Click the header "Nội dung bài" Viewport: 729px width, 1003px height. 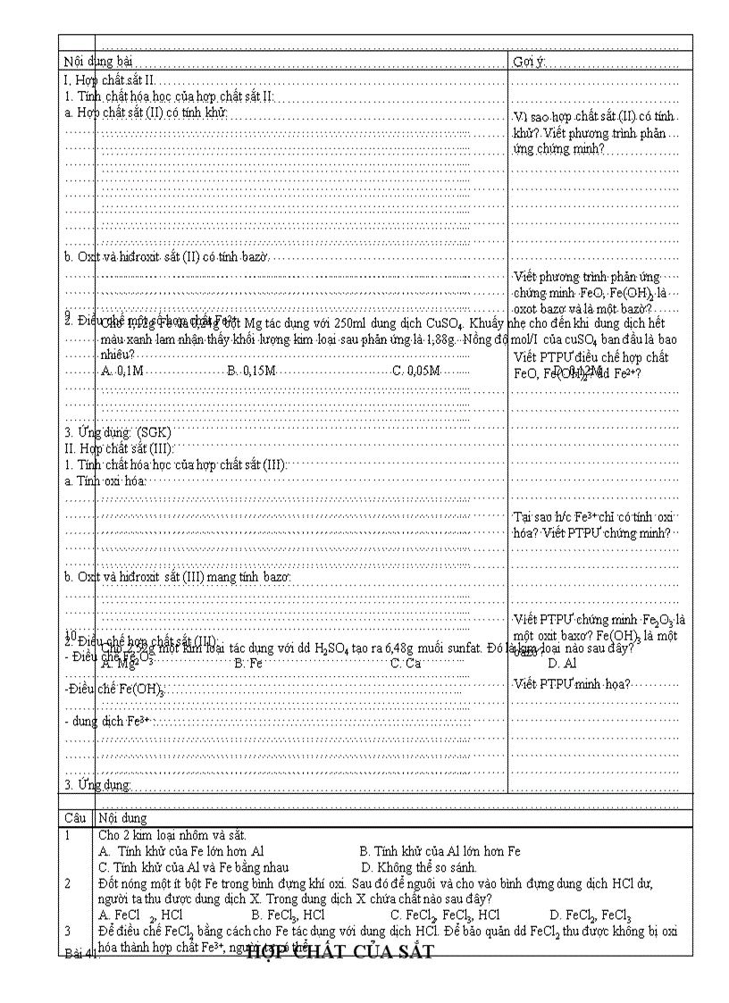pyautogui.click(x=99, y=62)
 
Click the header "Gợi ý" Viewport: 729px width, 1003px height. pyautogui.click(x=528, y=62)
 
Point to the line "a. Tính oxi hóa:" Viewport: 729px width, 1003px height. pyautogui.click(x=105, y=481)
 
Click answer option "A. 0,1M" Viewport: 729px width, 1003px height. pyautogui.click(x=122, y=370)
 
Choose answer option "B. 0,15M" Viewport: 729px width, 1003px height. pyautogui.click(x=251, y=370)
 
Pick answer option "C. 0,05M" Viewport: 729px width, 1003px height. pyautogui.click(x=416, y=370)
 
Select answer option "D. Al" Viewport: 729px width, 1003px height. pyautogui.click(x=562, y=664)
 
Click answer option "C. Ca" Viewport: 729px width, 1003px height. pyautogui.click(x=406, y=664)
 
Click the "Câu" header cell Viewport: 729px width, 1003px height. pyautogui.click(x=75, y=817)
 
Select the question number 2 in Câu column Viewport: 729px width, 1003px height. pyautogui.click(x=67, y=883)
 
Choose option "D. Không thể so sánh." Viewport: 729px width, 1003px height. pyautogui.click(x=419, y=867)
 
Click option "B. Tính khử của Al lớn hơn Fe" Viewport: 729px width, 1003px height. pyautogui.click(x=440, y=851)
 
